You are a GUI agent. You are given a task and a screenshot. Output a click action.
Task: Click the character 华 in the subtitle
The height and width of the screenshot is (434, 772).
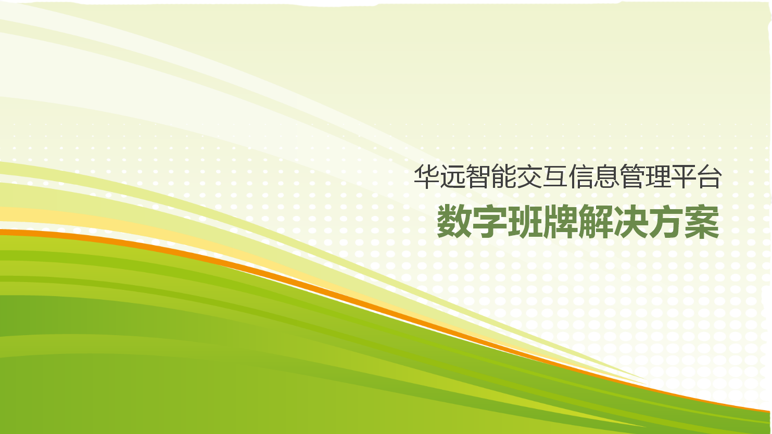(426, 176)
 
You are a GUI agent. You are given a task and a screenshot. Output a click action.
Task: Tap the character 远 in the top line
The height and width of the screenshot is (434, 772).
(452, 176)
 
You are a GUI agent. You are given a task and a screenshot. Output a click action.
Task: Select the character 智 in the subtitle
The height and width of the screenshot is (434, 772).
(478, 176)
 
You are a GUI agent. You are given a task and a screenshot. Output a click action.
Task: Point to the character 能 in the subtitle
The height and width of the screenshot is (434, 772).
(504, 176)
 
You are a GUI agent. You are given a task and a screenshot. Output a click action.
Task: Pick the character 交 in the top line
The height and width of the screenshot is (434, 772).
(529, 176)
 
